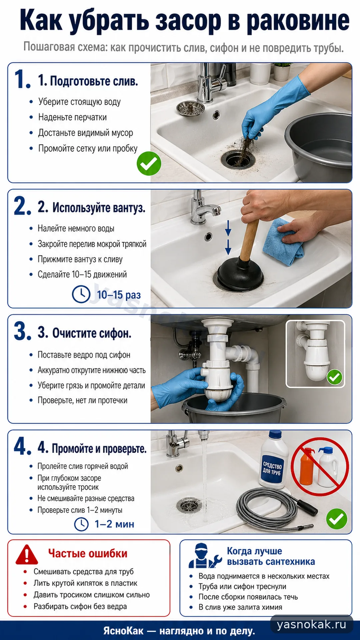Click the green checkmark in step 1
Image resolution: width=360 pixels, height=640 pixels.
click(149, 163)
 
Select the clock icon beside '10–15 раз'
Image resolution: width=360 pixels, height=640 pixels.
click(81, 294)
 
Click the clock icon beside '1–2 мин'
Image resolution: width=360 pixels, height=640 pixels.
click(81, 524)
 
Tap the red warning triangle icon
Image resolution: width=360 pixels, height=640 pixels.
click(27, 554)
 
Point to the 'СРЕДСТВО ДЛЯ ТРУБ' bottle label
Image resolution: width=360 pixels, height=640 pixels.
click(272, 469)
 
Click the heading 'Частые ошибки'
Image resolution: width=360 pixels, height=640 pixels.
click(88, 554)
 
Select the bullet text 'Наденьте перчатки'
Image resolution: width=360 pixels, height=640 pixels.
click(72, 117)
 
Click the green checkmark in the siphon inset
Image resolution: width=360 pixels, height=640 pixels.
click(334, 377)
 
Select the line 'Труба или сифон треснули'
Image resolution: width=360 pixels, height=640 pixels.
click(242, 586)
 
